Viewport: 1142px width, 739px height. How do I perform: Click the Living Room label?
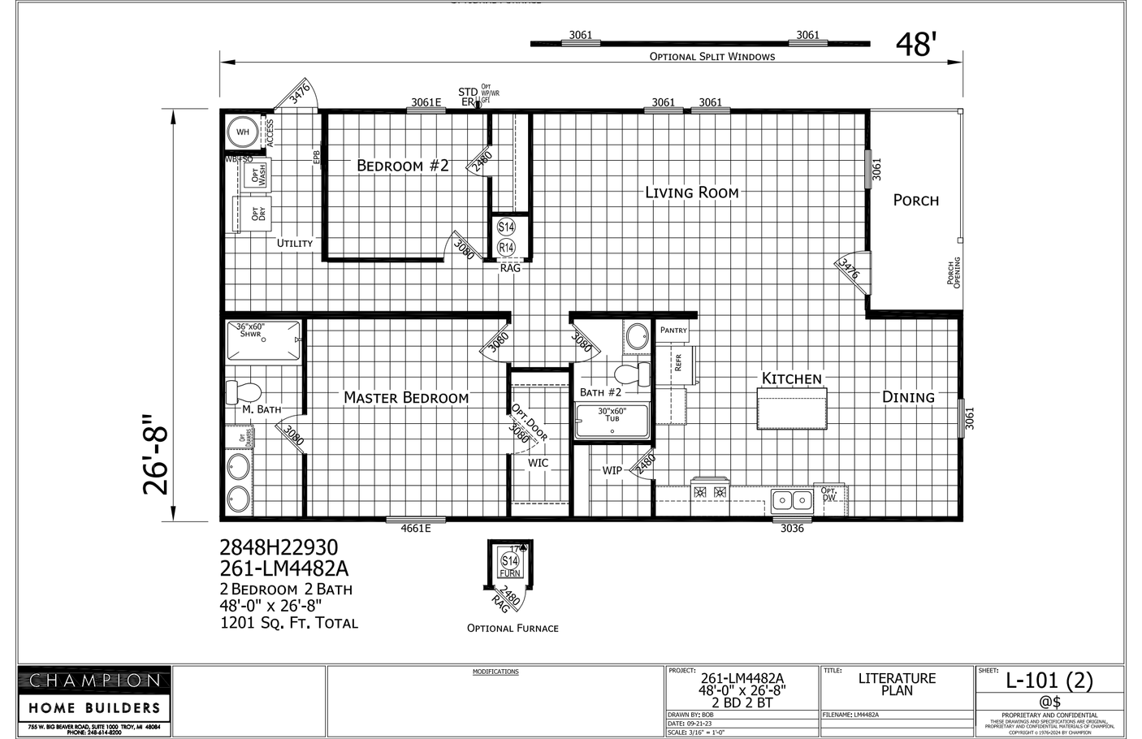(x=691, y=192)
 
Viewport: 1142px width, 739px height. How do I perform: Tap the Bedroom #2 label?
(x=402, y=166)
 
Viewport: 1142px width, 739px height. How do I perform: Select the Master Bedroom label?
(x=405, y=397)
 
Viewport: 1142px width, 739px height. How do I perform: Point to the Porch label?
(x=915, y=200)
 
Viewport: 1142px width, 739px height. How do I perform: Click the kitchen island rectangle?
(x=791, y=408)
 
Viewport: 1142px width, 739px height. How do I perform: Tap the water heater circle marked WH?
(x=242, y=132)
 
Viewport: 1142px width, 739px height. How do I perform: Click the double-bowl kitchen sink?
(x=791, y=499)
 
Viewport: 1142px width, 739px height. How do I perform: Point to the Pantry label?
(x=673, y=330)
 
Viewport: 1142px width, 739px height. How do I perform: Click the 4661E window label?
(x=415, y=529)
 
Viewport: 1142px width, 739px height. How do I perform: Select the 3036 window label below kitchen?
(x=791, y=529)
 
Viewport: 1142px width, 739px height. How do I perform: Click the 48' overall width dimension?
(x=916, y=45)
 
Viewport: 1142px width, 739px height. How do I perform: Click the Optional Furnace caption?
(x=512, y=628)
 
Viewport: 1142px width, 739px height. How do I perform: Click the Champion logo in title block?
(x=95, y=680)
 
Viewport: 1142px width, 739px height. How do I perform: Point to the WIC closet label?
(x=538, y=463)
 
